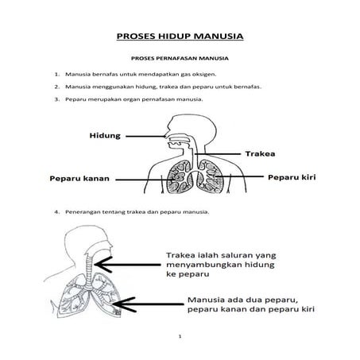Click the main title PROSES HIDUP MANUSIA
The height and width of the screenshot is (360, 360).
point(180,36)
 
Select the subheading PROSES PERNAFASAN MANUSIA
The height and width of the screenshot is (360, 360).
point(180,58)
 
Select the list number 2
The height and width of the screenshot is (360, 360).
point(58,86)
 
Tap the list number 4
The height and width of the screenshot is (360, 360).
point(58,213)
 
